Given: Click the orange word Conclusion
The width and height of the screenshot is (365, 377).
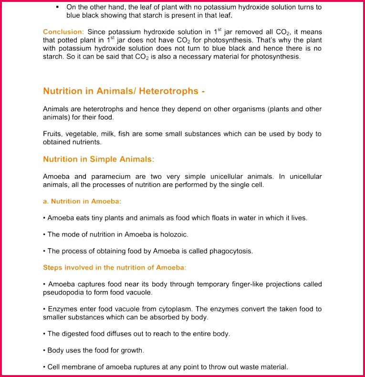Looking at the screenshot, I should [63, 31].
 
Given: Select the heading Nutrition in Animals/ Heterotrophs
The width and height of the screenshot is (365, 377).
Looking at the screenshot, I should [124, 91].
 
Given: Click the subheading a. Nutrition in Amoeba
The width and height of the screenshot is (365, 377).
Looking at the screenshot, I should [82, 201].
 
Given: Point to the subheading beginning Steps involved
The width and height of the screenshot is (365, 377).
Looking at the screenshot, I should [115, 267].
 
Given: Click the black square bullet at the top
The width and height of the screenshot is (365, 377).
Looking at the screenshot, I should [58, 7].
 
